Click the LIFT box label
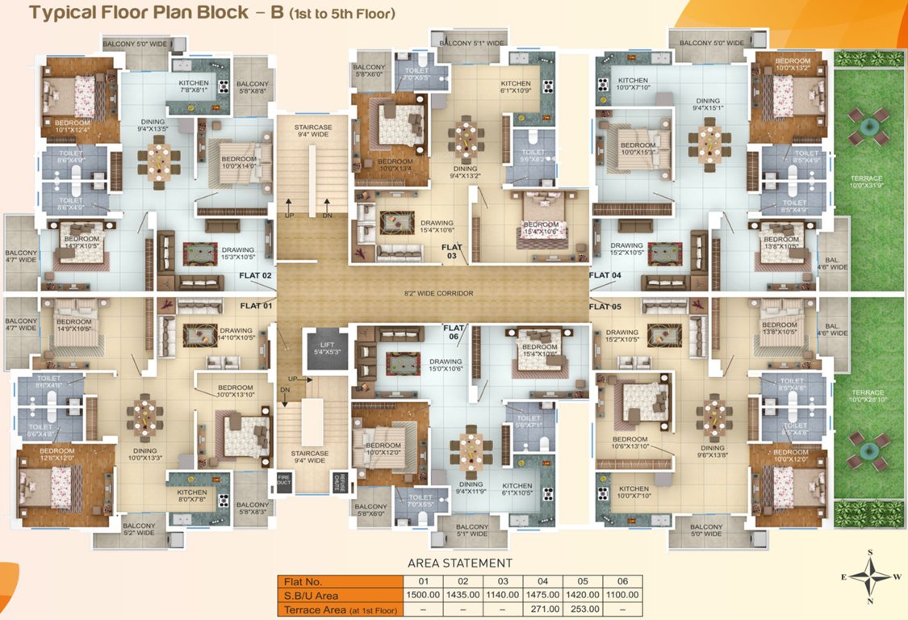click(x=323, y=347)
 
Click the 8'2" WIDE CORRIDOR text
click(x=438, y=293)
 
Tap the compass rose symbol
click(x=870, y=576)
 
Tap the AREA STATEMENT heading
click(x=460, y=563)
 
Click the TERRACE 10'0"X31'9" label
click(x=868, y=182)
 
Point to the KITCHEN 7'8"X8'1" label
click(x=194, y=87)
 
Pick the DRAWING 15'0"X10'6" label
click(x=446, y=365)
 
